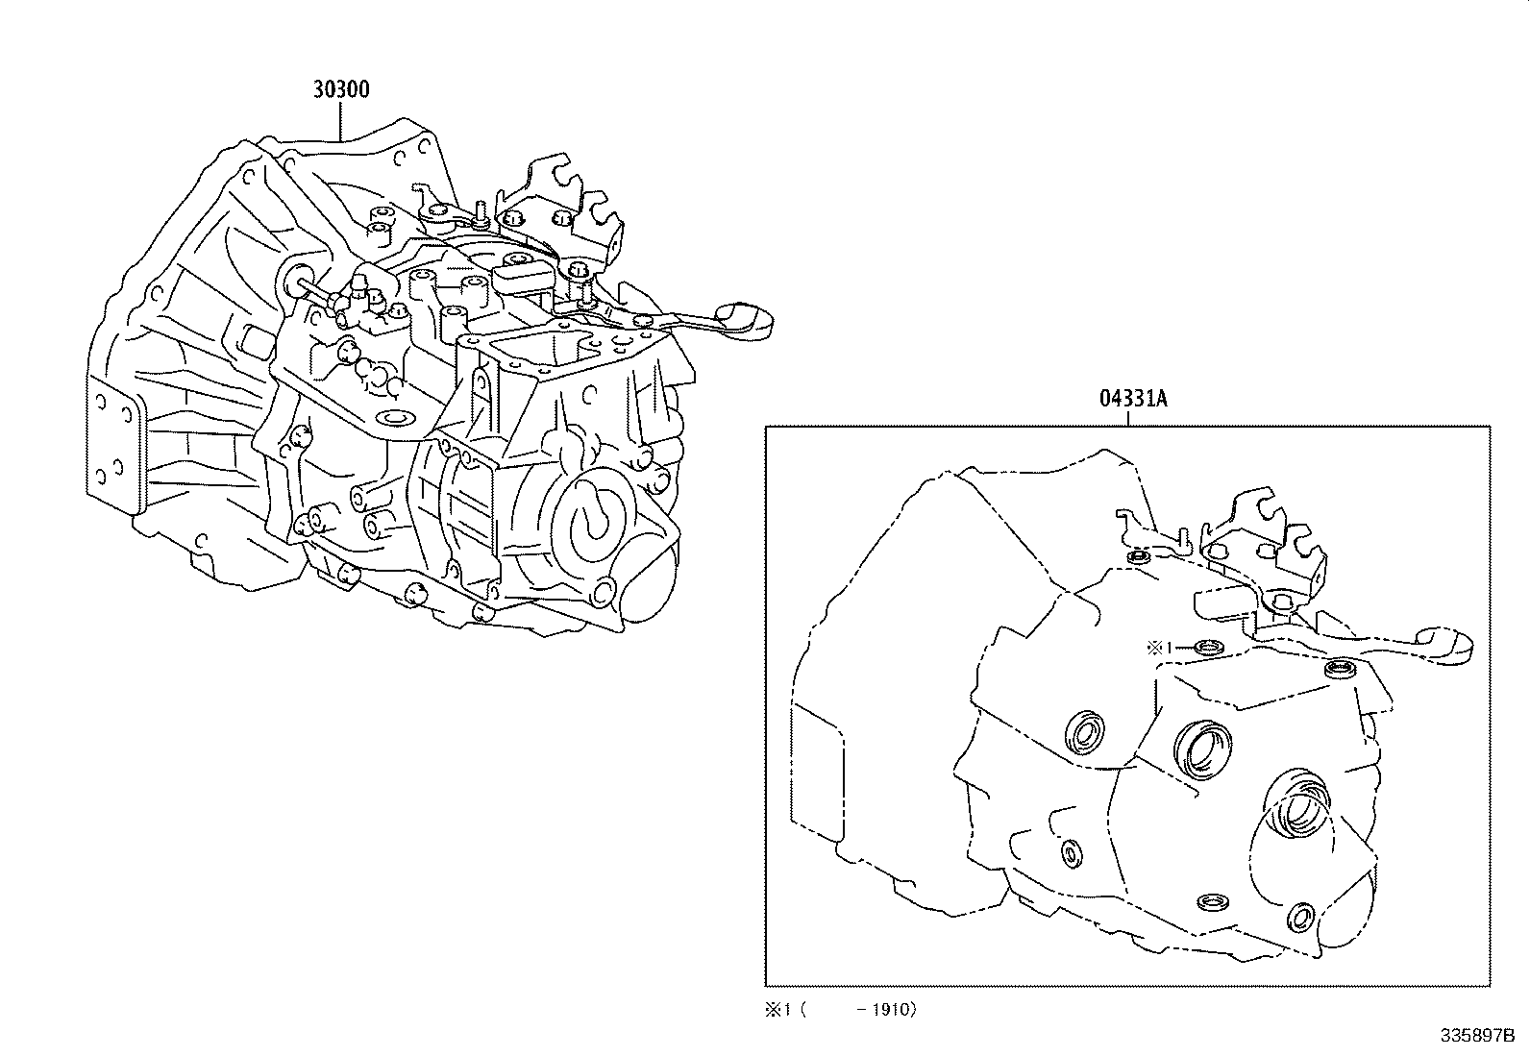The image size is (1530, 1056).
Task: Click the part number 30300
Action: point(340,89)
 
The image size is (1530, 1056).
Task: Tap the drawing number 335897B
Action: point(1476,1036)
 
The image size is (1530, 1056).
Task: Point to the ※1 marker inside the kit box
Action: point(1159,647)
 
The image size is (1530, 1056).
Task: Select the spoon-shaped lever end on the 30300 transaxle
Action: point(744,319)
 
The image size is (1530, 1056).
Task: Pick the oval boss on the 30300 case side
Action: point(392,418)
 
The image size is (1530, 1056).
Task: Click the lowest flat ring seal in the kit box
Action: point(1214,902)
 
